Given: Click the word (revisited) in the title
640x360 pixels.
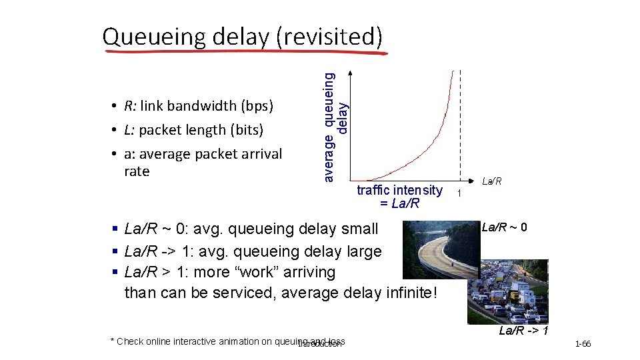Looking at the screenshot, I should [329, 37].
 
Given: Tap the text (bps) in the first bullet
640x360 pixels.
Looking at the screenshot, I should [258, 106].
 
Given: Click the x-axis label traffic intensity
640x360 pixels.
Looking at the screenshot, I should [399, 190].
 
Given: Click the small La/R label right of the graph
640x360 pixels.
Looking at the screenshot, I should [492, 181].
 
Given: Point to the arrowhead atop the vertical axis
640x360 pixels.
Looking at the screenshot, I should [353, 73].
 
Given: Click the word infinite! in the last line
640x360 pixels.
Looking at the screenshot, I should [408, 293].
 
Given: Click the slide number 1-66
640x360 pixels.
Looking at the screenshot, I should [581, 344].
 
